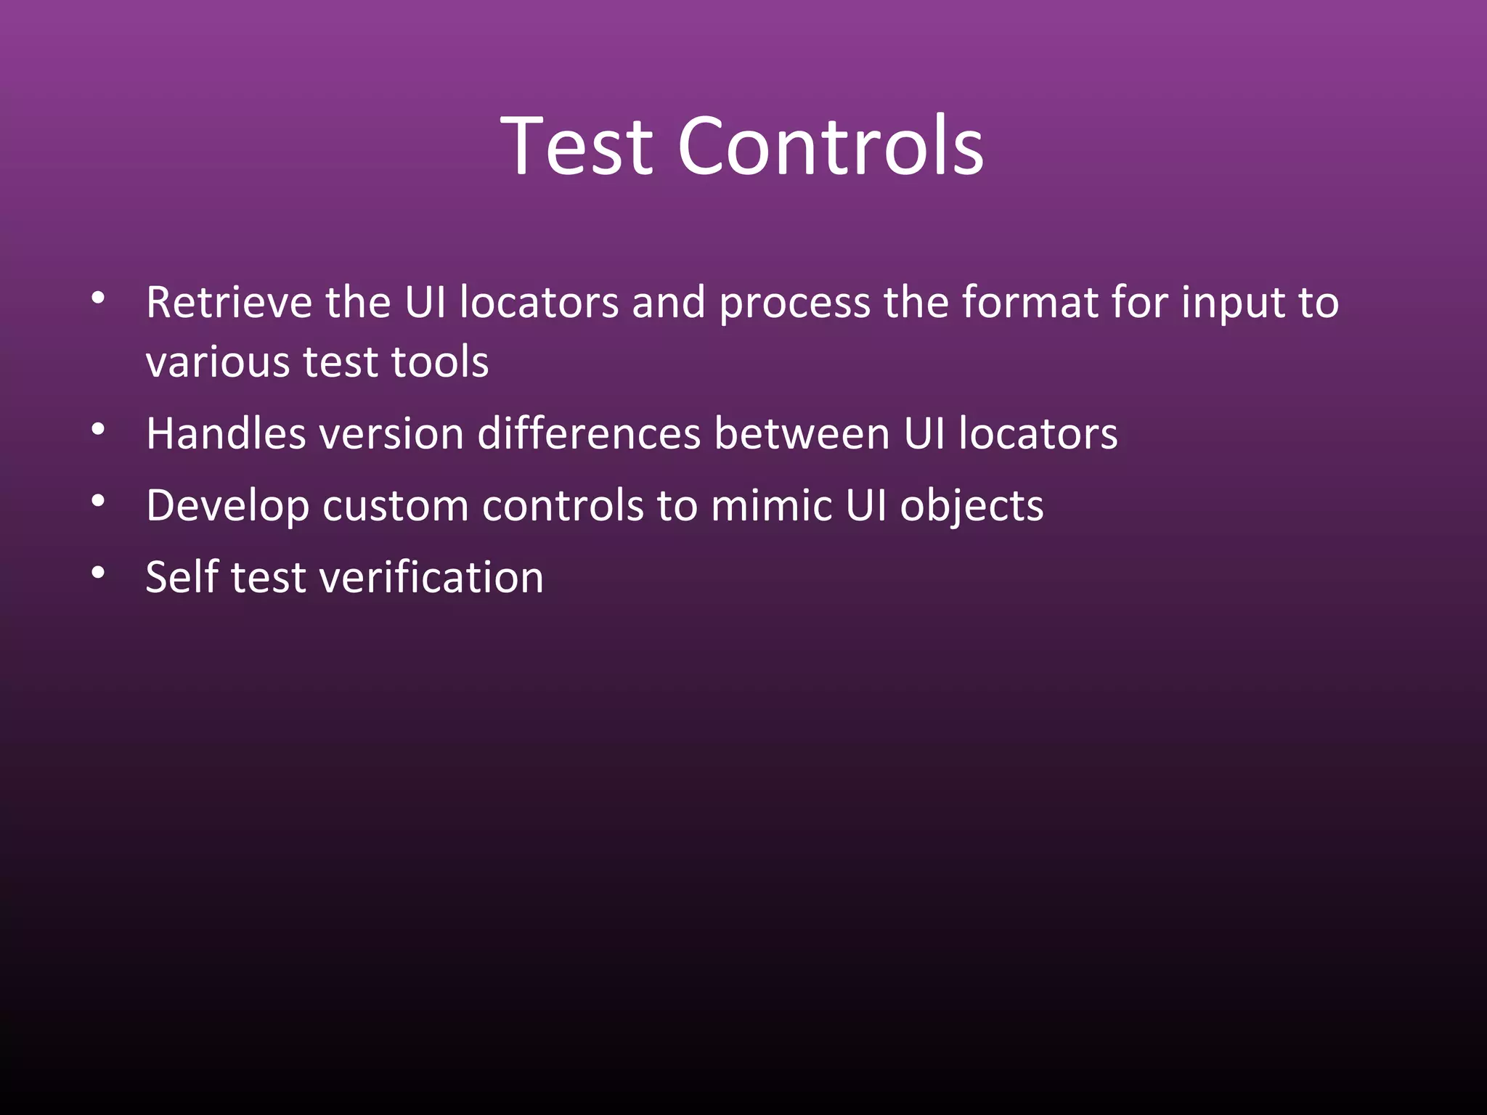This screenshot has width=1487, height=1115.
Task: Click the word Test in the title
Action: (578, 147)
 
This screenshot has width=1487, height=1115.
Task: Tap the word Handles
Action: (226, 434)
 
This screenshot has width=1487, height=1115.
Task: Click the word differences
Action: (589, 434)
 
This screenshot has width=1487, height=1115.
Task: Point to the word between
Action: (802, 434)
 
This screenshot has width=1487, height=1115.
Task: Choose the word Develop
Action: (227, 507)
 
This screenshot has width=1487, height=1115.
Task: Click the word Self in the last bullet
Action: (182, 578)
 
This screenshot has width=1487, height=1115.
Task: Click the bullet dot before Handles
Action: (99, 429)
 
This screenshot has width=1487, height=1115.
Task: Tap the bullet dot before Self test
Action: (99, 573)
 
